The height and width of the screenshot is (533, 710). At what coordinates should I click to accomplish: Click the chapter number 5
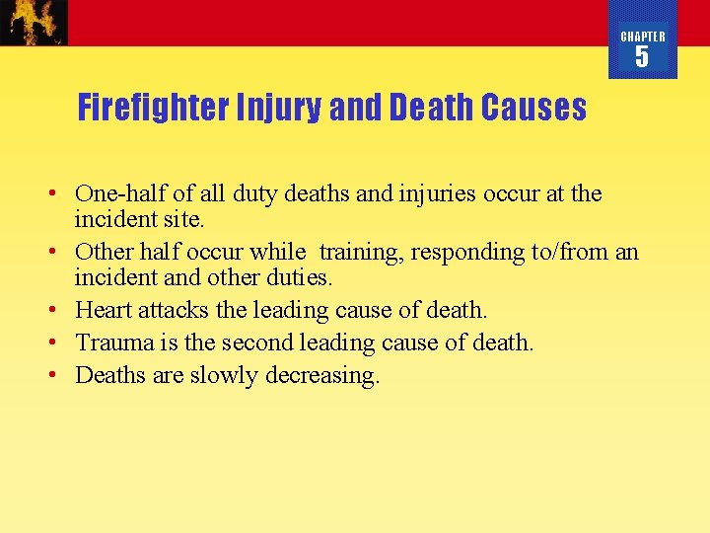coord(642,57)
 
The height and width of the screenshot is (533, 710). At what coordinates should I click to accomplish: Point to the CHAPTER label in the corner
coord(642,37)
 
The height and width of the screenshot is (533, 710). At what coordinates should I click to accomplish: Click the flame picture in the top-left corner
coord(34,22)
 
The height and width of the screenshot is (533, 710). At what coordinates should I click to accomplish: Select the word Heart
coord(104,310)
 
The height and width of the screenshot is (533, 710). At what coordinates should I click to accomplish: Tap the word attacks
coord(174,310)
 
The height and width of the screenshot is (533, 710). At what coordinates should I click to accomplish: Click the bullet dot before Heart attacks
coord(60,310)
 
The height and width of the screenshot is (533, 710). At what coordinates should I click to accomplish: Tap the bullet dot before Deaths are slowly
coord(60,375)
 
